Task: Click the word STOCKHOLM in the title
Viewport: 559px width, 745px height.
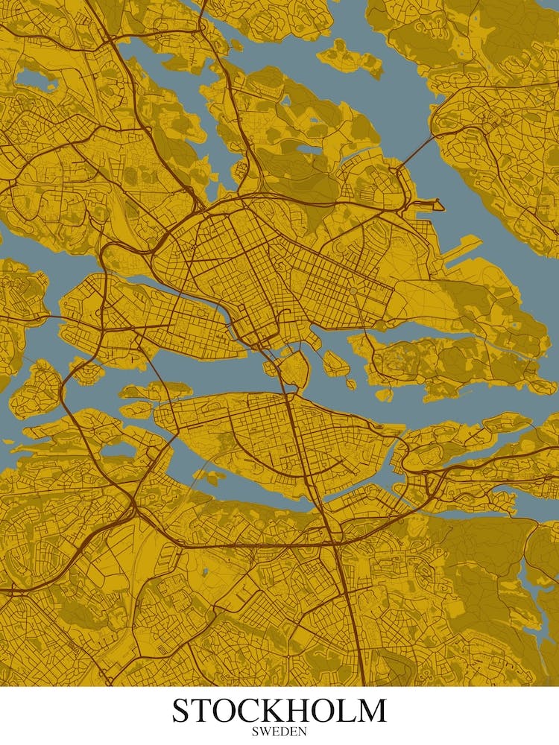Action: pos(279,711)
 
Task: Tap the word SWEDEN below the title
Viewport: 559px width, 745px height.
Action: pos(279,732)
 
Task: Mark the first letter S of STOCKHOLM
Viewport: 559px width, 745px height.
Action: pos(182,711)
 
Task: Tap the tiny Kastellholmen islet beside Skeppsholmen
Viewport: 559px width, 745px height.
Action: pos(350,383)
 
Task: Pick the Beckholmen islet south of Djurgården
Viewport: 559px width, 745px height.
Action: pos(384,393)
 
